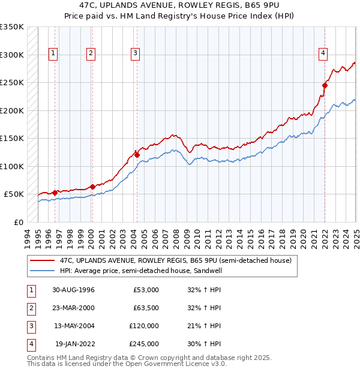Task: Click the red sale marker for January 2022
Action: [x=325, y=85]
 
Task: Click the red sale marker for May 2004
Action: [x=137, y=155]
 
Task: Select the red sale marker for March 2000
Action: [x=93, y=186]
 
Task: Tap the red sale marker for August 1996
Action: [x=55, y=193]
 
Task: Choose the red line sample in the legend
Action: [x=43, y=260]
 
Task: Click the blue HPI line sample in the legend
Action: [x=43, y=271]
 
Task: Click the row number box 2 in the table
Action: [x=30, y=308]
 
